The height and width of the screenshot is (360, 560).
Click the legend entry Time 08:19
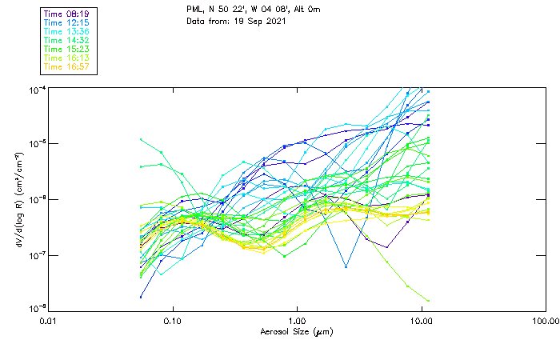click(x=65, y=14)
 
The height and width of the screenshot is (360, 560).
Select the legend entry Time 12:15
click(x=65, y=23)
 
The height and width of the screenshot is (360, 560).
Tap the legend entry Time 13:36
click(x=65, y=31)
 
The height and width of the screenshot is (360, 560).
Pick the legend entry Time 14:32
click(x=65, y=40)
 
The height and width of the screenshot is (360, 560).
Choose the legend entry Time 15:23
click(x=65, y=49)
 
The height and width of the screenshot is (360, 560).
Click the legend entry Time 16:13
click(x=65, y=58)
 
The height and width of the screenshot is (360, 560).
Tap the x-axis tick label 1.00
click(x=297, y=322)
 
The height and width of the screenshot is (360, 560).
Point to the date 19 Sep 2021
click(x=253, y=20)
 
